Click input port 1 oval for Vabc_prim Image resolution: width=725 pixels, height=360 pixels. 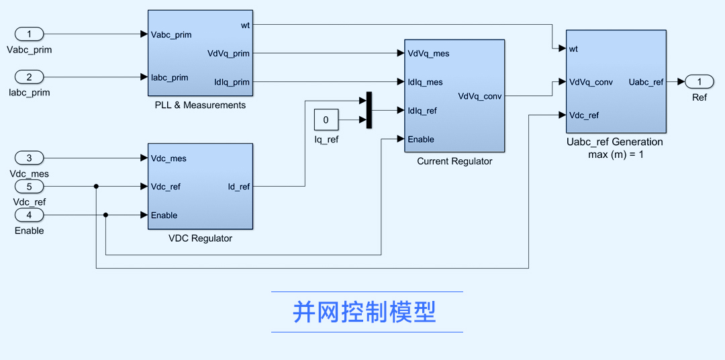[29, 34]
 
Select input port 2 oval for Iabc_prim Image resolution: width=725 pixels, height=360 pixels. [29, 77]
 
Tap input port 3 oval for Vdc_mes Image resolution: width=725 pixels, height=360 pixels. [29, 158]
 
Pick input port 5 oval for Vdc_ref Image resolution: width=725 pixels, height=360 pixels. [29, 186]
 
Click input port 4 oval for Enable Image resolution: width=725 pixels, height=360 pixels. [29, 215]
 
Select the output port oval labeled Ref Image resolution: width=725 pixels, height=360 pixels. [699, 81]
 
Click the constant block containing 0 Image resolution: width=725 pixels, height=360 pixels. [326, 120]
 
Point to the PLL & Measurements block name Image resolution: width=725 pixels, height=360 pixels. [200, 105]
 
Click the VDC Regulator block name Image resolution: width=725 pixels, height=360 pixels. [200, 238]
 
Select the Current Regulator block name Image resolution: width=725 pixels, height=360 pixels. [454, 161]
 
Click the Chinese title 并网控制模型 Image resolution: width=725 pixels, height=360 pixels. [365, 312]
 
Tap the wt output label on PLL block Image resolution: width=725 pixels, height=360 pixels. [245, 25]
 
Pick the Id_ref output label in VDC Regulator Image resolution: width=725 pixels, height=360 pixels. [238, 187]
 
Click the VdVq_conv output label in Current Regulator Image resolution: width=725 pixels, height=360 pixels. [479, 96]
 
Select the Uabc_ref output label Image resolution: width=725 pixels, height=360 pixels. [645, 82]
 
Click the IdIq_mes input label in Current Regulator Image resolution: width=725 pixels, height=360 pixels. [426, 82]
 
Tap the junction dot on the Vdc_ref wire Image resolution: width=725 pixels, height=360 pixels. [96, 186]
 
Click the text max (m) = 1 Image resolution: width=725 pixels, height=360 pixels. [614, 154]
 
